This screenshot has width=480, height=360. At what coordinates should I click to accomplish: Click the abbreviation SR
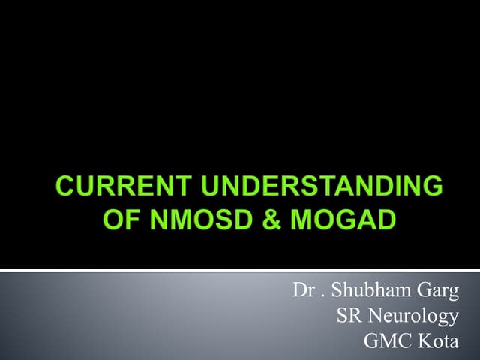(349, 316)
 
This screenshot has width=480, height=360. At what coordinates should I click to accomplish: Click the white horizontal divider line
(240, 269)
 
